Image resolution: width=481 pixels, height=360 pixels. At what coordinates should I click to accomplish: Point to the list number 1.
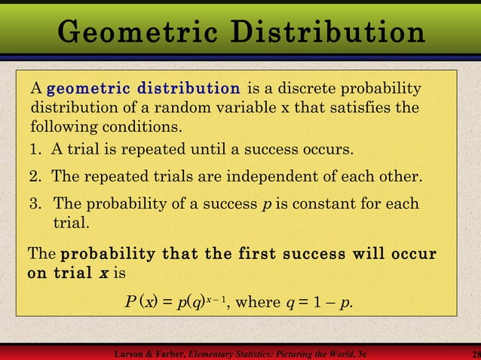point(35,148)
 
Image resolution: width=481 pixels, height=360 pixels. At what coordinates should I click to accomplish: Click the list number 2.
point(35,177)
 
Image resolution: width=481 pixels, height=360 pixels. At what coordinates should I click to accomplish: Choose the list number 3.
point(35,204)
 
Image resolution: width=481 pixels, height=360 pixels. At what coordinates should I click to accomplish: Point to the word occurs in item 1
point(328,148)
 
